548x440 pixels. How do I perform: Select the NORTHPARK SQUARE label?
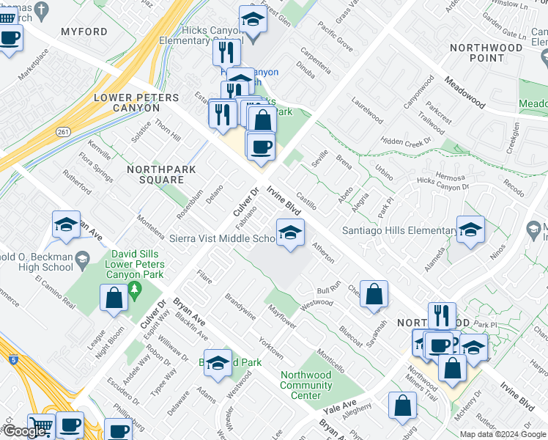point(155,175)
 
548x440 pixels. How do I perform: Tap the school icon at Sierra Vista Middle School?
point(290,233)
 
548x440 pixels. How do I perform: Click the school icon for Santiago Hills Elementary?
point(470,230)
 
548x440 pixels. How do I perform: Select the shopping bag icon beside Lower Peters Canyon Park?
point(114,298)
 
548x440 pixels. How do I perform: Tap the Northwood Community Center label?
point(306,385)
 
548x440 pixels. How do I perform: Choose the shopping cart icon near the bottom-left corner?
point(42,426)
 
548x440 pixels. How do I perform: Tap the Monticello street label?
point(330,362)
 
